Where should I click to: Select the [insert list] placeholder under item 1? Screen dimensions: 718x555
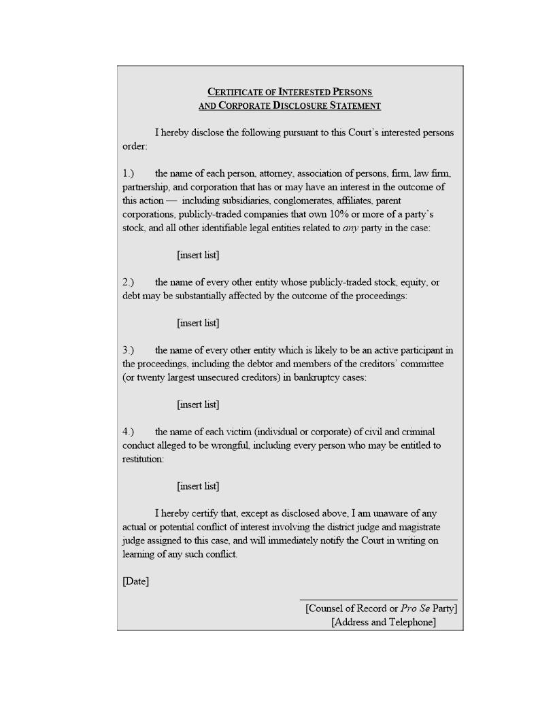coord(198,255)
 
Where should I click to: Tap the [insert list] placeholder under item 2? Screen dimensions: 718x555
coord(198,323)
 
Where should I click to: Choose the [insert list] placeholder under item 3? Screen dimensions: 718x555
coord(198,405)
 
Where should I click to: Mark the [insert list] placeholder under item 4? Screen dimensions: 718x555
coord(198,486)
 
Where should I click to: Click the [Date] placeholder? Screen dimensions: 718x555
coord(135,581)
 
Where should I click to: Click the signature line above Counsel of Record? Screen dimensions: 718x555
coord(378,600)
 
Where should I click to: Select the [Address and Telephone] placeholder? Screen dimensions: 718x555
coord(384,622)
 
